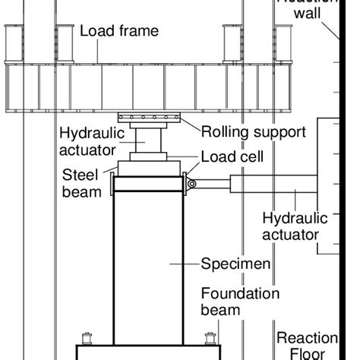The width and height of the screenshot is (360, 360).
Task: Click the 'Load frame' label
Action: (x=119, y=31)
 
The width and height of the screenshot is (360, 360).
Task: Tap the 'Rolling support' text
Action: (x=253, y=132)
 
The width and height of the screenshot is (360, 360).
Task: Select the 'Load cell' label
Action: (x=232, y=157)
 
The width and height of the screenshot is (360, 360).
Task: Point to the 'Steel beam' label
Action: (x=81, y=183)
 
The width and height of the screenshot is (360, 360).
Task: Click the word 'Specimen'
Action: (x=235, y=264)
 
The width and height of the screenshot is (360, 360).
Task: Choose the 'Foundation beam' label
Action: (x=239, y=302)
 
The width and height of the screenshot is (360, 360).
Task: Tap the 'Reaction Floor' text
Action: (x=302, y=346)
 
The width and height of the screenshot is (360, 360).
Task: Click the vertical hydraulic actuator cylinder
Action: (x=149, y=140)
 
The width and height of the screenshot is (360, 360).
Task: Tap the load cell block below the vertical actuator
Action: (x=150, y=156)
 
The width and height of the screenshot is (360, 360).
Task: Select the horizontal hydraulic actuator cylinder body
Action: (x=273, y=183)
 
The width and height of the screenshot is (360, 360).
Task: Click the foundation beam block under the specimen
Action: (x=149, y=352)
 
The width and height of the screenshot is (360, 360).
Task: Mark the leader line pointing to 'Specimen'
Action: (x=185, y=264)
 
